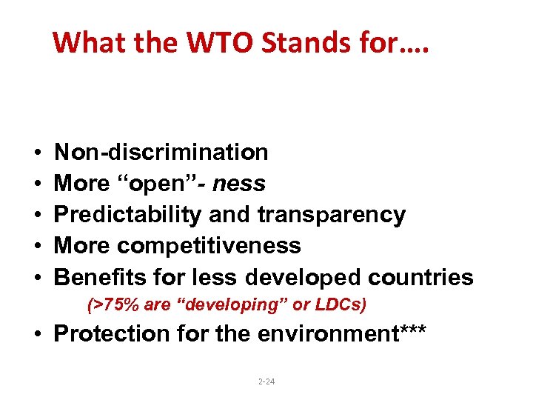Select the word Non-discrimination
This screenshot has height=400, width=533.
[161, 153]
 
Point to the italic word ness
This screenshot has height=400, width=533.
[239, 183]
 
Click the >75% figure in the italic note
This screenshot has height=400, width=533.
[108, 304]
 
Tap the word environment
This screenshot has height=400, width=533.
[328, 334]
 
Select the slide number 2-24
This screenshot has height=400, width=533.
[266, 381]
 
